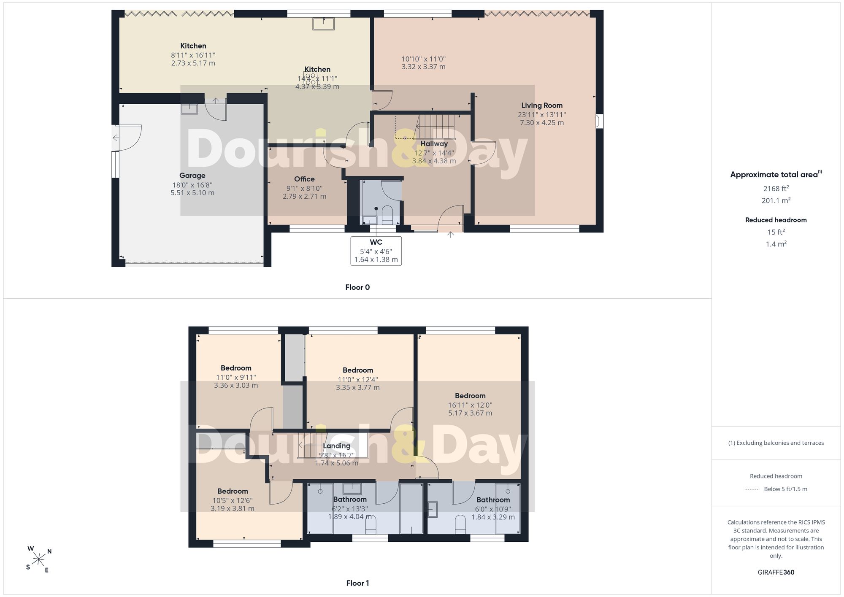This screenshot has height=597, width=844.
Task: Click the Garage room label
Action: [192, 176]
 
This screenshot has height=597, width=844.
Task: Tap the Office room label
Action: [304, 179]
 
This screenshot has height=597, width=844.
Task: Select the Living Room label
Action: [542, 105]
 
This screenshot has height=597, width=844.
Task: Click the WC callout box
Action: [376, 251]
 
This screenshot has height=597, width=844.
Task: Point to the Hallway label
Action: [434, 143]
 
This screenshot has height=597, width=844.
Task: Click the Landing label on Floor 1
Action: [337, 446]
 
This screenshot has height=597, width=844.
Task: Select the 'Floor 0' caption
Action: [357, 287]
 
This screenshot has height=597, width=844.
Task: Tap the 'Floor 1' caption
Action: [357, 583]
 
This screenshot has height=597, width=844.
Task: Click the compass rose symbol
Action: [39, 560]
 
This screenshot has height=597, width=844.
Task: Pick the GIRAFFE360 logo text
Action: [776, 572]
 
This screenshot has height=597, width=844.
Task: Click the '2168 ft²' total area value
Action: [776, 189]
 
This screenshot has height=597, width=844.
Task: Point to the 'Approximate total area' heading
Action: [776, 174]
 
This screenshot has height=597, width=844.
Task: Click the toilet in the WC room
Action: [387, 215]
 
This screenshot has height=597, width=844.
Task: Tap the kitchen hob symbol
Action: [310, 78]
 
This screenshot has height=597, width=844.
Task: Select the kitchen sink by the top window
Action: [323, 24]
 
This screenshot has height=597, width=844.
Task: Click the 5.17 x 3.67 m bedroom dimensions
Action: [470, 413]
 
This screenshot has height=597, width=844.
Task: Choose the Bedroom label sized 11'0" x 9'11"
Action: [236, 368]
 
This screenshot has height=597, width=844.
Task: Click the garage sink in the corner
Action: [189, 109]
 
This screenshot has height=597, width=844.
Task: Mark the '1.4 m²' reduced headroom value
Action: [776, 244]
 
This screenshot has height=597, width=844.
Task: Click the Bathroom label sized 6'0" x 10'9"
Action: [493, 500]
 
